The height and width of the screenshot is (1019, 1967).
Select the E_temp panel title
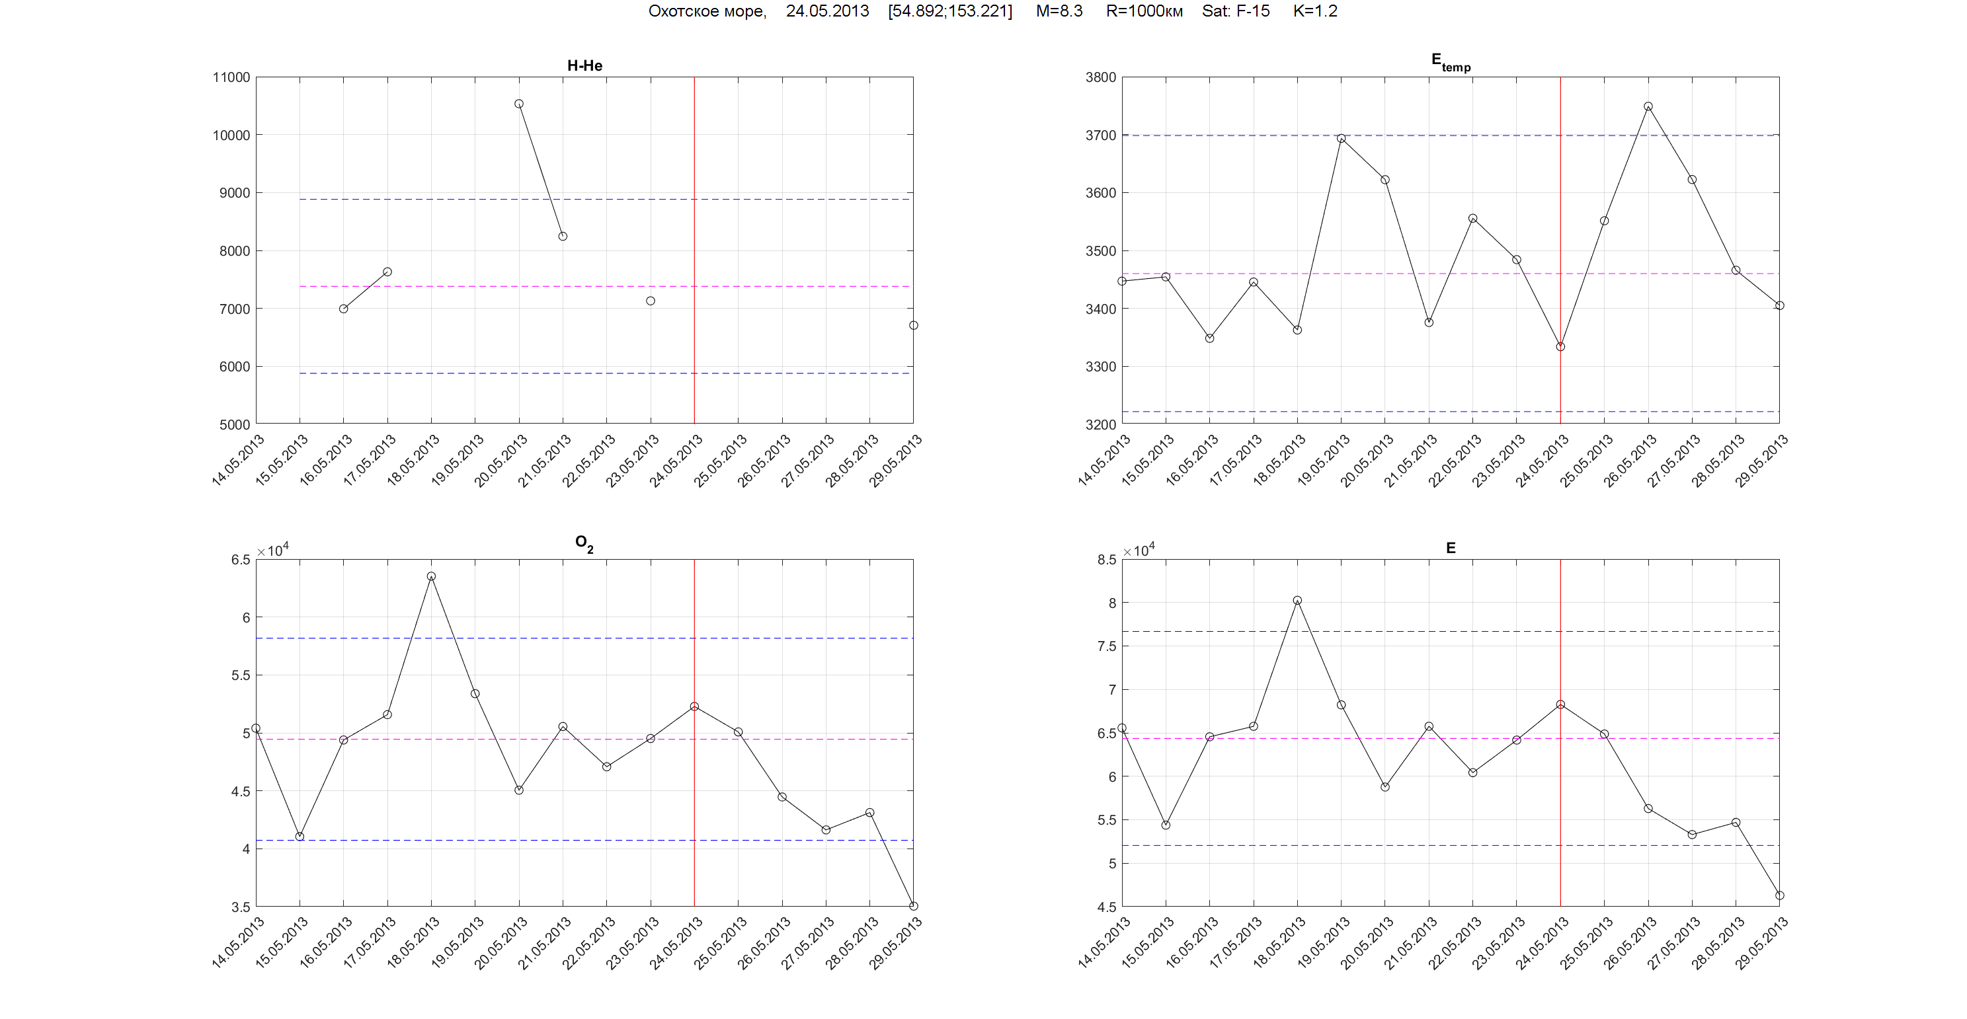[x=1450, y=62]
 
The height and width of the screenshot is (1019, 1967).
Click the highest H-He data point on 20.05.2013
[x=519, y=104]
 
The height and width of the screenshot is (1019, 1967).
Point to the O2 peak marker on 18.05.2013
[x=432, y=576]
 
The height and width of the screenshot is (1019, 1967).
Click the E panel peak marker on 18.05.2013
[x=1297, y=601]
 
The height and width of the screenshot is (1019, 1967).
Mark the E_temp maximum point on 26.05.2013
[x=1648, y=107]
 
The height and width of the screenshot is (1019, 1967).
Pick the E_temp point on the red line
[x=1561, y=346]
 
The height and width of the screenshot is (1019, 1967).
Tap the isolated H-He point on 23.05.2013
[x=651, y=301]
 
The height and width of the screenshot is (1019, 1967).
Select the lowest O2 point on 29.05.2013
[x=913, y=906]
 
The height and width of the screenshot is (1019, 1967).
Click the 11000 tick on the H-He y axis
[x=231, y=77]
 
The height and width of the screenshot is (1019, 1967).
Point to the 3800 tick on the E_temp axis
[x=1100, y=77]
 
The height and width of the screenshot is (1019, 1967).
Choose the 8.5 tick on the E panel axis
[x=1106, y=560]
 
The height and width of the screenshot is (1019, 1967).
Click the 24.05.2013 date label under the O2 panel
[x=676, y=944]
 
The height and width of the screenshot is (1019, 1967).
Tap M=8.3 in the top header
[x=1059, y=11]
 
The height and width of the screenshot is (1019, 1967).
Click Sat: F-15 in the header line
[x=1236, y=11]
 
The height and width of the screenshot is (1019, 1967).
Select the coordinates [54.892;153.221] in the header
[x=950, y=11]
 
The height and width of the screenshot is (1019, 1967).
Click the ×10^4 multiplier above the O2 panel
[x=272, y=550]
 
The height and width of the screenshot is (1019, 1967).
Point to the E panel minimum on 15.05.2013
[x=1166, y=825]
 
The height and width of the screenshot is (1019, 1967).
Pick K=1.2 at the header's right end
[x=1315, y=11]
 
